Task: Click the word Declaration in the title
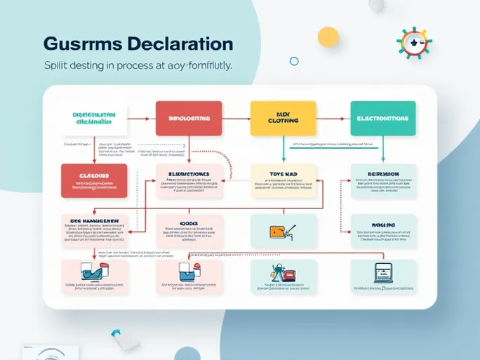click(x=180, y=43)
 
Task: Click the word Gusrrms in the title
click(x=82, y=43)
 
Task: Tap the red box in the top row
click(x=188, y=119)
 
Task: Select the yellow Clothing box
click(x=283, y=118)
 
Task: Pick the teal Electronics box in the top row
click(x=382, y=118)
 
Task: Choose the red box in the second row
click(x=94, y=180)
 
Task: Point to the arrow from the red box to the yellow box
click(x=236, y=119)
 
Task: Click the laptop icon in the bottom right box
click(x=382, y=272)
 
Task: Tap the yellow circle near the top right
click(x=328, y=36)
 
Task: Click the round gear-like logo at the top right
click(x=413, y=43)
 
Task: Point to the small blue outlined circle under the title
click(x=294, y=61)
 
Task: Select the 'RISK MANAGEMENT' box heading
click(x=94, y=220)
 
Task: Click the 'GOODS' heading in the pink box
click(x=187, y=224)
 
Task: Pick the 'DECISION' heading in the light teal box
click(x=383, y=174)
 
